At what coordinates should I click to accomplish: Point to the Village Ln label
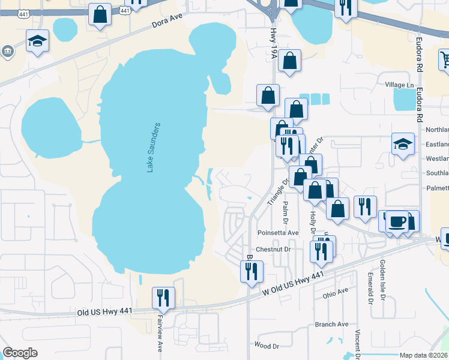tap(399, 85)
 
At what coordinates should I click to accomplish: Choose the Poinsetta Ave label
tap(277, 233)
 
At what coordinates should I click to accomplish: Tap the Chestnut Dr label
tap(273, 249)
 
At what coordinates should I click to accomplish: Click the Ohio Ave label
tap(335, 293)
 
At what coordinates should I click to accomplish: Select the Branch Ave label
tap(331, 324)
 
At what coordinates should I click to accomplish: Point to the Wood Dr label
tap(267, 346)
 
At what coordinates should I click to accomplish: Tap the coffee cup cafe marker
tap(396, 221)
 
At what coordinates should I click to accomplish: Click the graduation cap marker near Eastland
tap(403, 144)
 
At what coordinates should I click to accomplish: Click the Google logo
tap(20, 353)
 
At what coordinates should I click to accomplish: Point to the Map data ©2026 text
tap(423, 355)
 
